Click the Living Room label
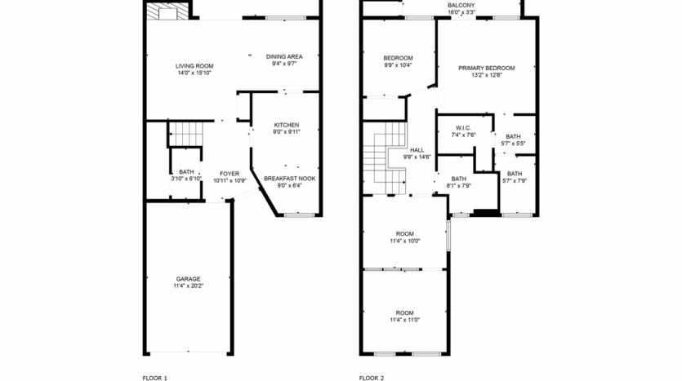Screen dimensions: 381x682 [194, 65]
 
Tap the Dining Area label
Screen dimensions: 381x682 [284, 56]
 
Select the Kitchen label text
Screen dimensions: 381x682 [286, 125]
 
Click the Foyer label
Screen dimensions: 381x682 [230, 174]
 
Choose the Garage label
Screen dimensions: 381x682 [187, 278]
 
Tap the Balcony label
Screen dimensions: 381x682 [461, 5]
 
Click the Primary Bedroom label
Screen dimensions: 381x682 [486, 68]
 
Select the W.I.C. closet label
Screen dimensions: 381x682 [464, 128]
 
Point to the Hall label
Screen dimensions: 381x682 [417, 150]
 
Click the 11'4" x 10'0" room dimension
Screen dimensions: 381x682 [404, 241]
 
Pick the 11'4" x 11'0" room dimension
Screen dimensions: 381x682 [404, 320]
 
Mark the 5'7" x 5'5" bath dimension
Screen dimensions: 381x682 [513, 144]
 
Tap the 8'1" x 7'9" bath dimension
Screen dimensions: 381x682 [459, 185]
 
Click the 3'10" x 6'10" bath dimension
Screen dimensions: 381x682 [187, 179]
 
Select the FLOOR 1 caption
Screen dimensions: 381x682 [154, 378]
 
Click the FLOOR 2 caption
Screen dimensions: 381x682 [371, 378]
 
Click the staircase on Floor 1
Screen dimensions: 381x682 [187, 132]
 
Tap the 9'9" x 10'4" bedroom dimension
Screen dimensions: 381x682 [398, 65]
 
